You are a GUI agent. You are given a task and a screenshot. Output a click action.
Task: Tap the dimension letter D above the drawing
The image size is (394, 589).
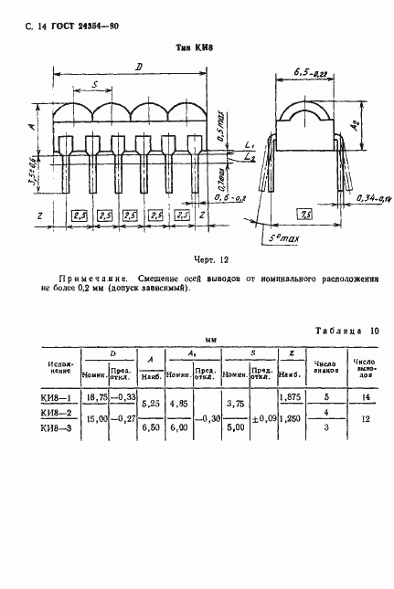click(137, 67)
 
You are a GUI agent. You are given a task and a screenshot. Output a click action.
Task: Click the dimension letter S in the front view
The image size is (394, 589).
click(95, 85)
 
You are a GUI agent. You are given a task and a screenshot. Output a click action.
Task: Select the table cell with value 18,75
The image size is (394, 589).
click(94, 398)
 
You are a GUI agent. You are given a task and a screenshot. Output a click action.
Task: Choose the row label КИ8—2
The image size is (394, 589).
click(56, 414)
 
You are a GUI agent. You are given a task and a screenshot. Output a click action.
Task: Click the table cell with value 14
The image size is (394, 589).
click(367, 398)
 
